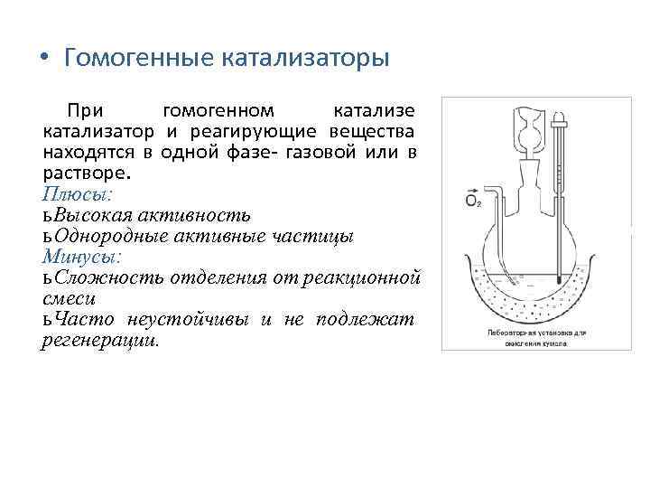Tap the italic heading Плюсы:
pyautogui.click(x=76, y=193)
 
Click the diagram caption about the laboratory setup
pyautogui.click(x=525, y=338)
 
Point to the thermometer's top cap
pyautogui.click(x=561, y=117)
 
